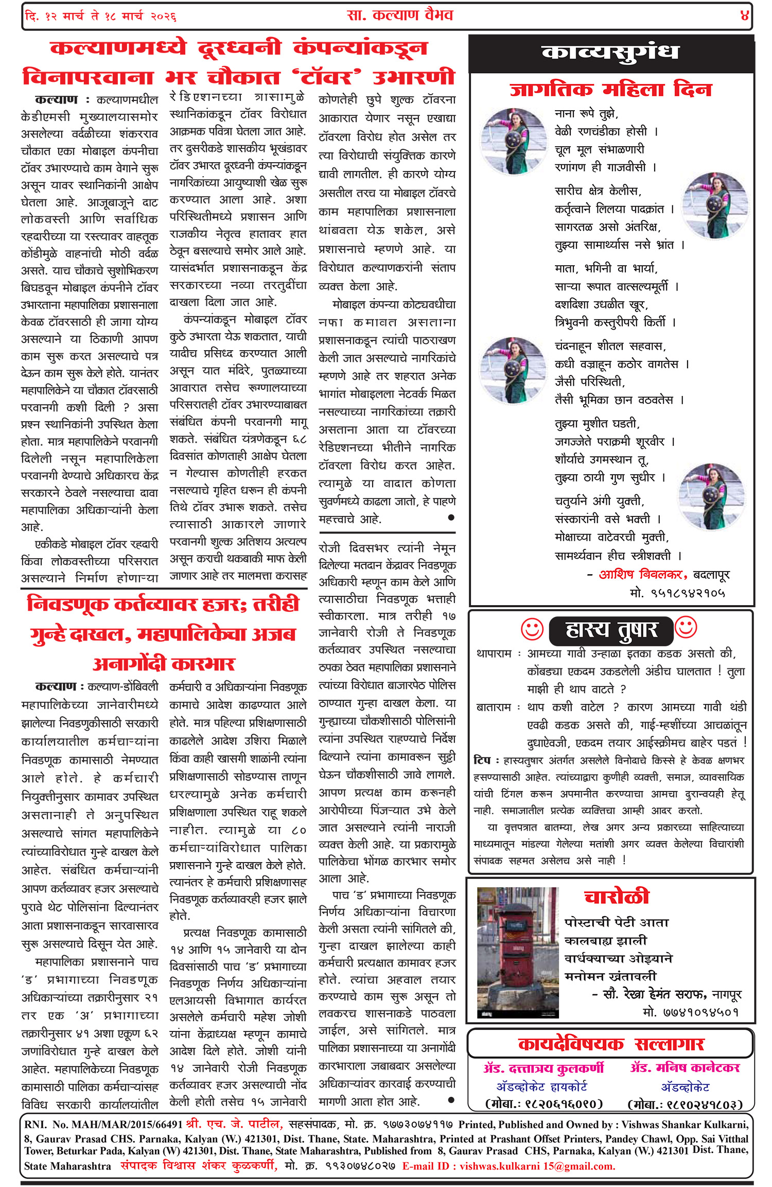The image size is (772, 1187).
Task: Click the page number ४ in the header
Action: [744, 15]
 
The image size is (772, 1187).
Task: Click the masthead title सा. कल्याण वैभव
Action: [400, 15]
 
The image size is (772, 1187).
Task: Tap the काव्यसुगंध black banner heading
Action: [610, 53]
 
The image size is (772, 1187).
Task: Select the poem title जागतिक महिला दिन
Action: [610, 90]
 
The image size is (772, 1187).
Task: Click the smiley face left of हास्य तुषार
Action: [532, 629]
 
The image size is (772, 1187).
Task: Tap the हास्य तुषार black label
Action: [611, 630]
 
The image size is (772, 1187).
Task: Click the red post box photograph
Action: [518, 953]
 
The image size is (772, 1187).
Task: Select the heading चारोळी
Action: [617, 897]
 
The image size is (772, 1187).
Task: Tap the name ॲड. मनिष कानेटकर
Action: [685, 1068]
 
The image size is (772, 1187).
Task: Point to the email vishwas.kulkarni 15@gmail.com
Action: [537, 1166]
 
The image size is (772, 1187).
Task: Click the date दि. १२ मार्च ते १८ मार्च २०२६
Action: [100, 16]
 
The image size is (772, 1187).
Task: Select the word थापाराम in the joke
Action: [494, 654]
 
